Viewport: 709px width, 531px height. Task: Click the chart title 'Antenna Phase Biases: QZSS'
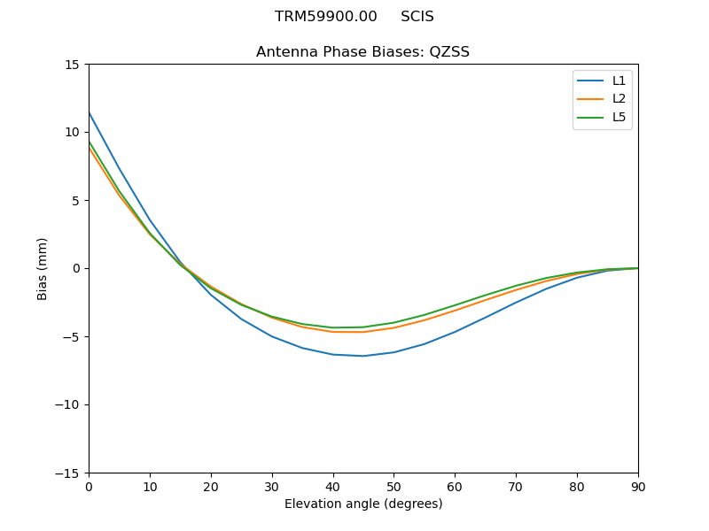362,52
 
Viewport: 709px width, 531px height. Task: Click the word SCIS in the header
417,17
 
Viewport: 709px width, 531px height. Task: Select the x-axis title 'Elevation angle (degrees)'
362,504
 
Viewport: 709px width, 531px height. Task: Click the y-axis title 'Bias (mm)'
43,268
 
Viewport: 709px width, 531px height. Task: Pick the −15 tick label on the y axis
68,473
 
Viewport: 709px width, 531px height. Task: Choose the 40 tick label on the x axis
333,487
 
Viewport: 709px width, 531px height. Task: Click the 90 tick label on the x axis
637,487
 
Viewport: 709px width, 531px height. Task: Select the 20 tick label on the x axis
211,487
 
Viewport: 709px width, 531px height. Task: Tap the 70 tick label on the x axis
516,487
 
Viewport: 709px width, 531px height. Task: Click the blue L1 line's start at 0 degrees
90,113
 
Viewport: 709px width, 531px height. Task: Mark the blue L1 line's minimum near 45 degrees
363,356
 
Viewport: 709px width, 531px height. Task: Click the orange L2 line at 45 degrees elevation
363,332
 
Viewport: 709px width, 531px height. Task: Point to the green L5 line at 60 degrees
455,305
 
